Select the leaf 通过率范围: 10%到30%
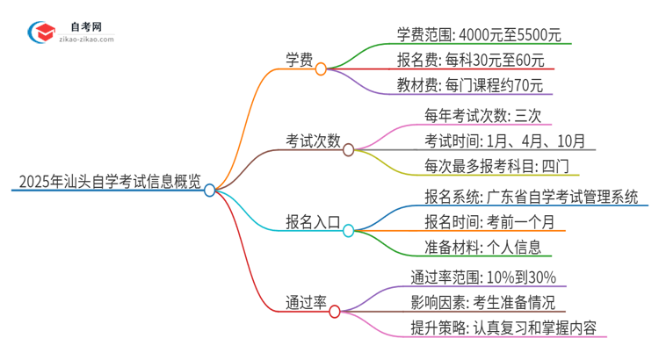pos(482,277)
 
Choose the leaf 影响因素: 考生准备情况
pos(482,303)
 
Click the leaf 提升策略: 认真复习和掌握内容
pos(503,328)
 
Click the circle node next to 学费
pos(321,68)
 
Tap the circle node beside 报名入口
pos(348,231)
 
